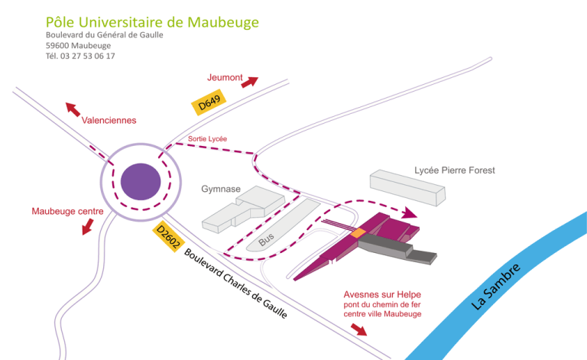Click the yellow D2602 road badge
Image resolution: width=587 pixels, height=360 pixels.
167,236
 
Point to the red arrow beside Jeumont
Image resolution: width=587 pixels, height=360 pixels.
250,82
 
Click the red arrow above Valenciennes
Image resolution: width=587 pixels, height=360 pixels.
73,109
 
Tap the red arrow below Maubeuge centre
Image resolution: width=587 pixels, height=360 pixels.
88,226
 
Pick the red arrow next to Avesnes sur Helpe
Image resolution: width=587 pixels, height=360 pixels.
358,329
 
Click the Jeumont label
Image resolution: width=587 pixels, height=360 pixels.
225,77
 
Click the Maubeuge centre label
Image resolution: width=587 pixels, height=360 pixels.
67,211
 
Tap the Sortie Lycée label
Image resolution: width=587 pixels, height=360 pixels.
207,138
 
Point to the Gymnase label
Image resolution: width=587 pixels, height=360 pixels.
221,189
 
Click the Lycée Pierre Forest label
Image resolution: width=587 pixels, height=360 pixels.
454,170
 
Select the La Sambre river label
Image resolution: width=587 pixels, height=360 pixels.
496,287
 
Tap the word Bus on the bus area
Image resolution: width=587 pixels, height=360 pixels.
266,240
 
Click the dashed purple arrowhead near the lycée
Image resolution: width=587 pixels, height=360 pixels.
410,213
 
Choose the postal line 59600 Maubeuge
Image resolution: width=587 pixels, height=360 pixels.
78,45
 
